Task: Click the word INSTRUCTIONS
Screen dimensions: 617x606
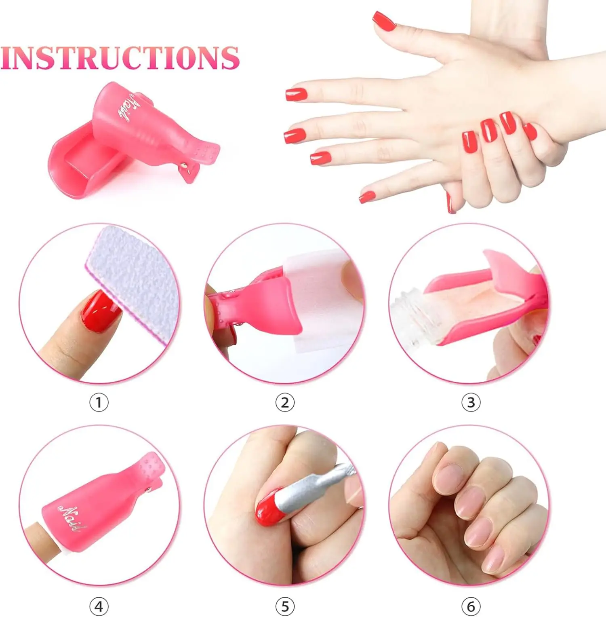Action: pos(120,58)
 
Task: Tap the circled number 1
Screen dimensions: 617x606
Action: pos(99,403)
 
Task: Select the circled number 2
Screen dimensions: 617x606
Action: pos(285,403)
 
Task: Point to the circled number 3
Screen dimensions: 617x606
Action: pos(471,403)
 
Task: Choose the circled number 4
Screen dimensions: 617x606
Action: pos(99,606)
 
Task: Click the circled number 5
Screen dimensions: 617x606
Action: pos(285,606)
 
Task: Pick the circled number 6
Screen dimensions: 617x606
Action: pos(471,606)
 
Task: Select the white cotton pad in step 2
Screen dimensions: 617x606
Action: pos(319,299)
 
